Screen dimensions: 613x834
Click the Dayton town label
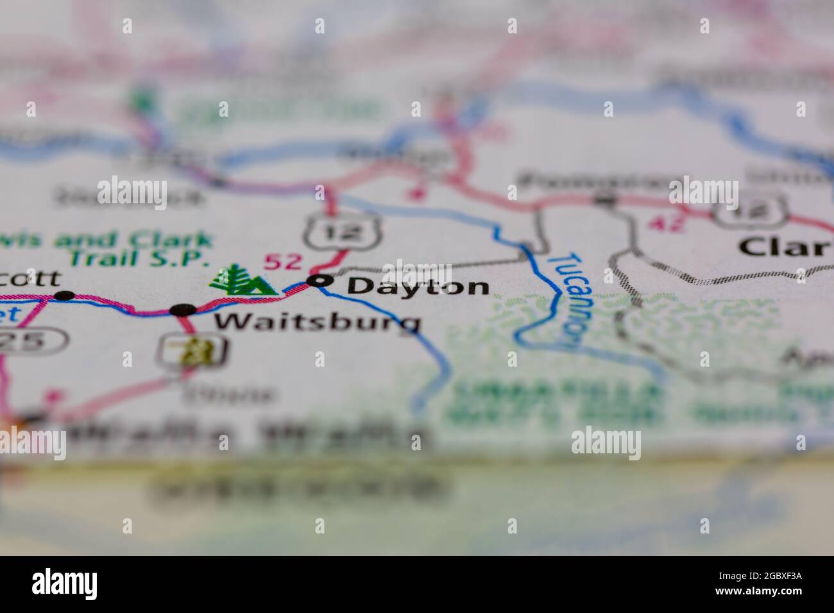click(418, 286)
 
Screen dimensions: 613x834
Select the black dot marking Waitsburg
click(183, 310)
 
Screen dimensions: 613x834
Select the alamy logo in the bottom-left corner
click(65, 584)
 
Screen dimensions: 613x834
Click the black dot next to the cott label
click(64, 295)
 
